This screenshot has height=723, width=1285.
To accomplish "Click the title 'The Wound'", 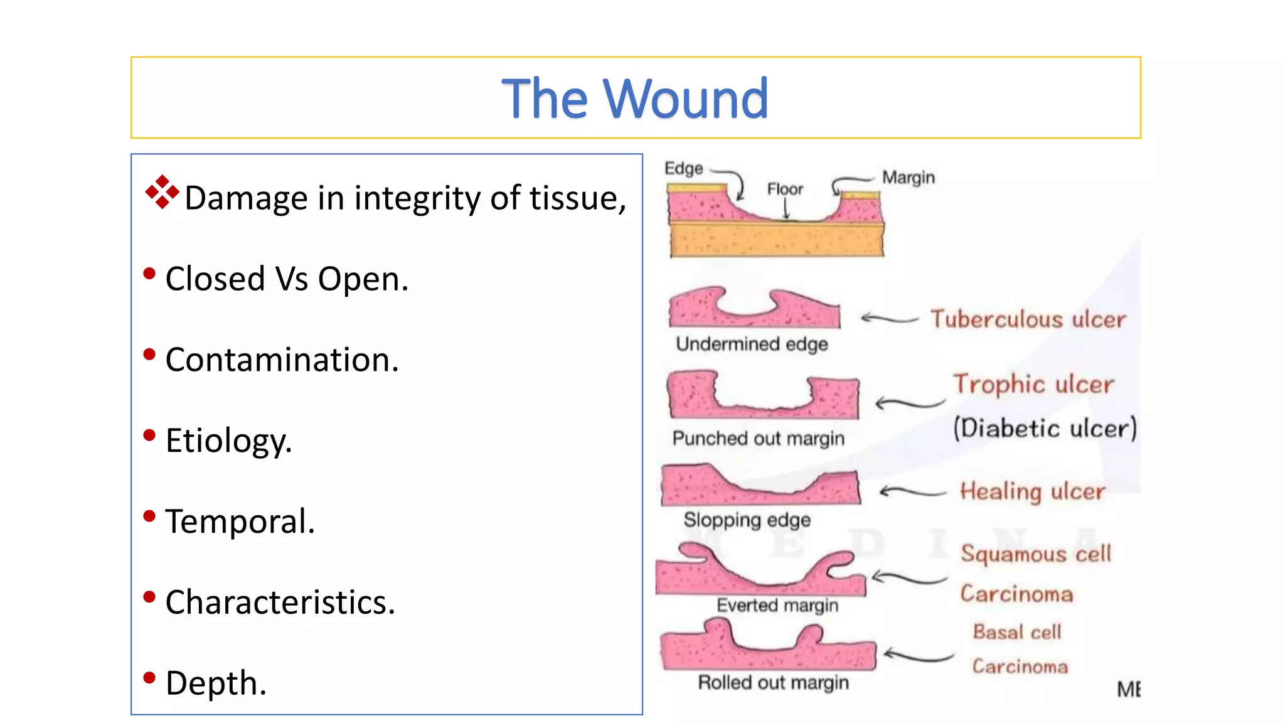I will (635, 99).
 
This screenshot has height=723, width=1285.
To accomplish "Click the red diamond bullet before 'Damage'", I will (162, 192).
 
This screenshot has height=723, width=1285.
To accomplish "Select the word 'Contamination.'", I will (282, 360).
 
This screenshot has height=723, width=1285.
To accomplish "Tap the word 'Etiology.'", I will (228, 441).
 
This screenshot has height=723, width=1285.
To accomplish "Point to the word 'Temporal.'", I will (240, 522).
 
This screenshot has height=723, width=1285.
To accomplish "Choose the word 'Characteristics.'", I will (280, 602).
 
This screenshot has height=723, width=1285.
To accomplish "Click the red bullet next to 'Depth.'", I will (149, 678).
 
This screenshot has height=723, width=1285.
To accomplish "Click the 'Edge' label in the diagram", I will (683, 168).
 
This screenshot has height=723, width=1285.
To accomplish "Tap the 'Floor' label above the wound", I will (784, 189).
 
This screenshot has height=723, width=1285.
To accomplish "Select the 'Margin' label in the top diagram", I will (908, 178).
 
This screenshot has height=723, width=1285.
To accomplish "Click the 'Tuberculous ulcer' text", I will (1028, 319).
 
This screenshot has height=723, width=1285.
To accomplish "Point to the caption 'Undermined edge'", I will (752, 344).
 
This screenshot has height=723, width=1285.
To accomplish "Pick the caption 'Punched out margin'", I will (758, 438).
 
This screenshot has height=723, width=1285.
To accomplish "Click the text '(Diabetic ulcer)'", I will (1044, 429).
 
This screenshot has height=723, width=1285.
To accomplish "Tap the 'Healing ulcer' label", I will (1032, 491).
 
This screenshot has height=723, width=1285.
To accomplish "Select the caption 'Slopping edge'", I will (747, 520).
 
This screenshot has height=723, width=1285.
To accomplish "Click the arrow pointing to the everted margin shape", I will (908, 577).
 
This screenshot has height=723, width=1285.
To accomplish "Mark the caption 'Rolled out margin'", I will (773, 682).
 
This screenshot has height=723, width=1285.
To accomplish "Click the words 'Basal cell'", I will (1016, 632).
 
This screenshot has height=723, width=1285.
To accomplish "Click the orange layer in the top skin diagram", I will (776, 241).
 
